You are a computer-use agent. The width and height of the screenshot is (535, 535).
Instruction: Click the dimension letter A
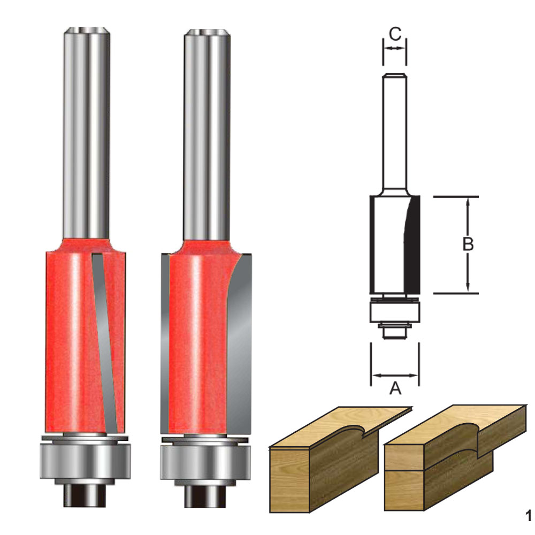point(395,388)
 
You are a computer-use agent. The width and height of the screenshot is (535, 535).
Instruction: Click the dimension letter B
point(468,244)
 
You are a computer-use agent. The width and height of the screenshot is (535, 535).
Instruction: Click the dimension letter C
point(395,34)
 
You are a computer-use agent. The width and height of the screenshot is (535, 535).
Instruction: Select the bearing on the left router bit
point(85,460)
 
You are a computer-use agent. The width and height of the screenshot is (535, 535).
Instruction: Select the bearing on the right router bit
point(206,462)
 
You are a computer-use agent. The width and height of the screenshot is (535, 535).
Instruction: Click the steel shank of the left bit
point(87,133)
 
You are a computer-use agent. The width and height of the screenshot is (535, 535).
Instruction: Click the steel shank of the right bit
point(207,135)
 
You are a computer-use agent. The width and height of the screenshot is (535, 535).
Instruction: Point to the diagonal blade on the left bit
point(105,341)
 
